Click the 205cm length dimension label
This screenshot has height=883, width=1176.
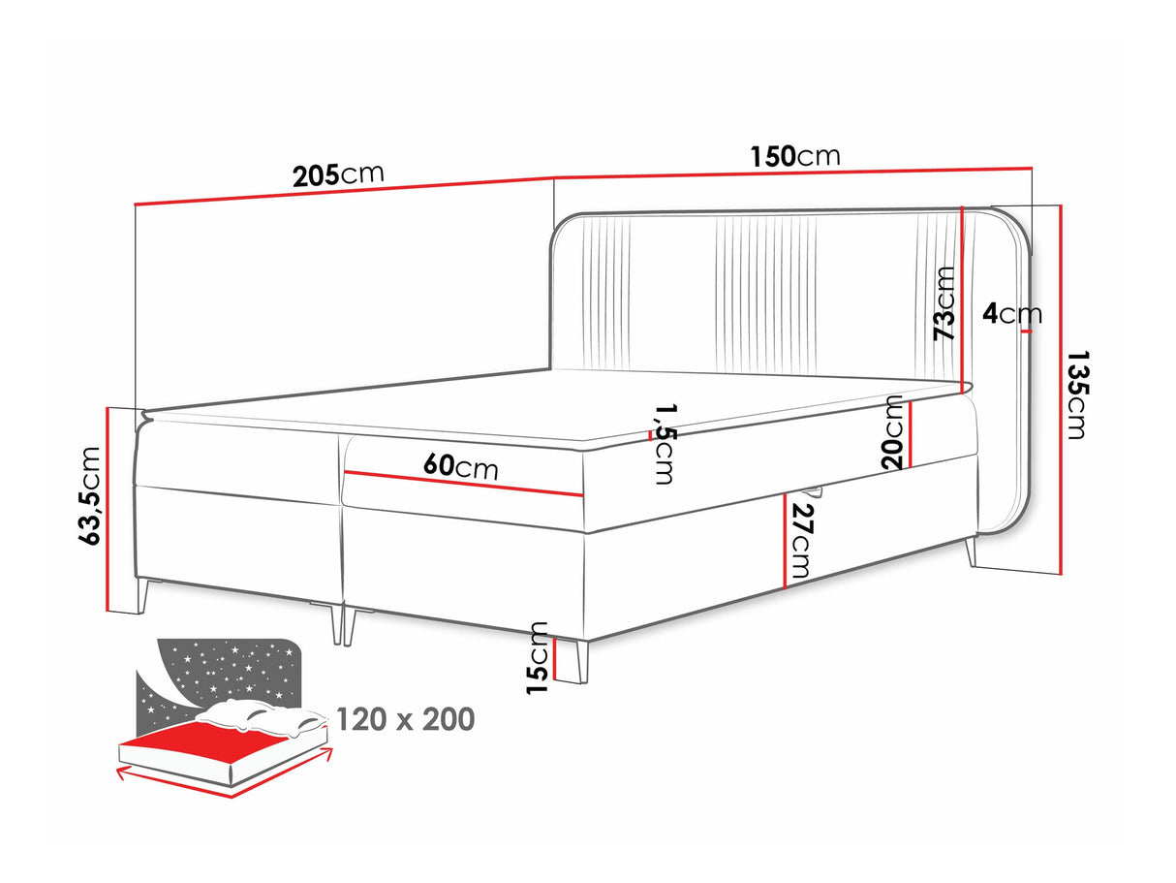click(338, 174)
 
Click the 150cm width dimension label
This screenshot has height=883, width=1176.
click(794, 156)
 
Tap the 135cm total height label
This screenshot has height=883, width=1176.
click(1074, 394)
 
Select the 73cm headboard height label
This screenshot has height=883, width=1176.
click(944, 302)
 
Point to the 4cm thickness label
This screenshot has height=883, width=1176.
click(1011, 314)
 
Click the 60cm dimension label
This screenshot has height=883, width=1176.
click(461, 467)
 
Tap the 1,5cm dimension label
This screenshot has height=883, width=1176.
click(664, 444)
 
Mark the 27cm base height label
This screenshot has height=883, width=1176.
click(803, 541)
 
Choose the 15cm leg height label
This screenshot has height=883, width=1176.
click(538, 657)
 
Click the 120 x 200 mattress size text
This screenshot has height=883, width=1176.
click(405, 719)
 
